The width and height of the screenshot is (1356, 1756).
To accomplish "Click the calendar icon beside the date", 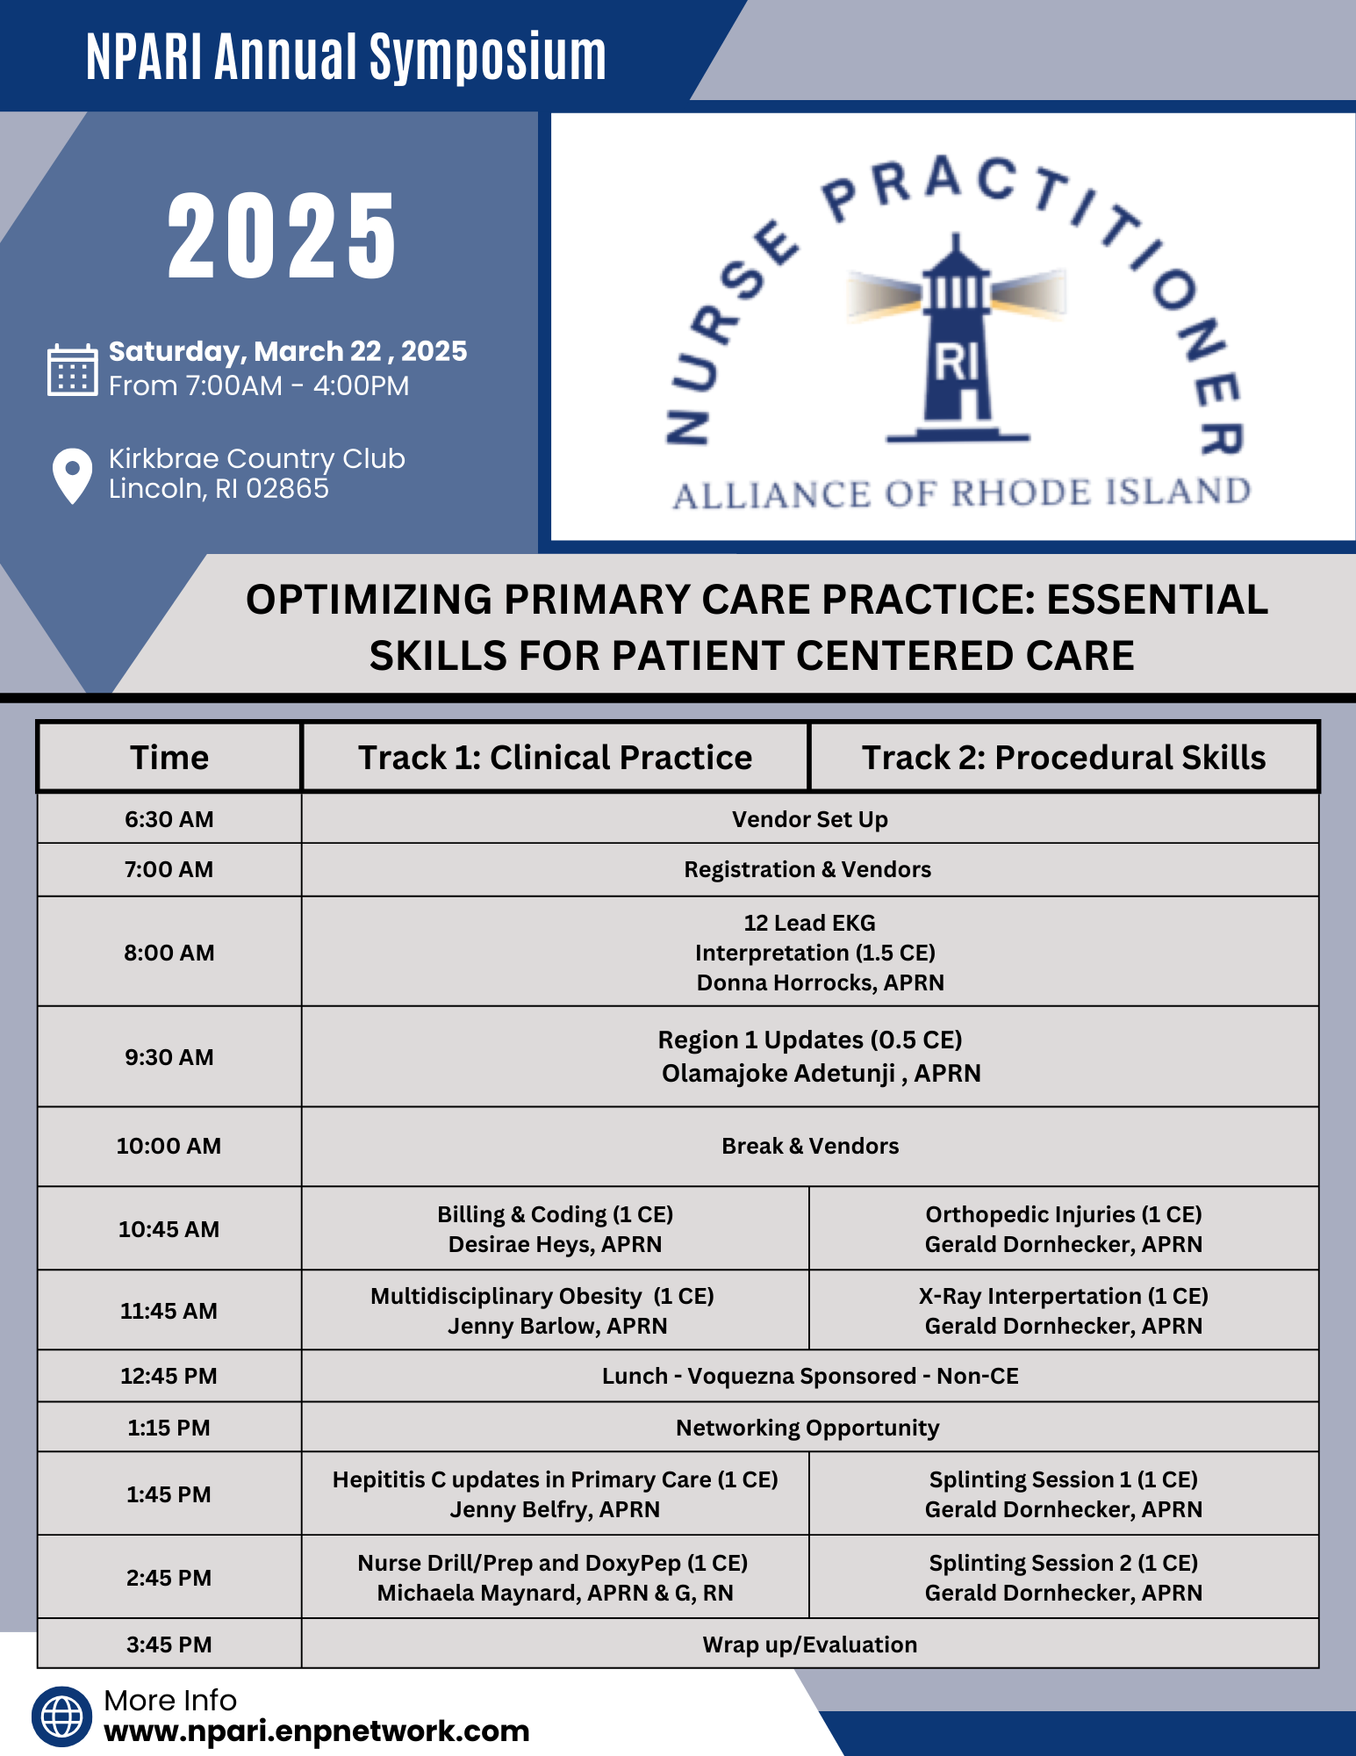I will (x=72, y=370).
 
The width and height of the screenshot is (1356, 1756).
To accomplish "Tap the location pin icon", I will (x=72, y=475).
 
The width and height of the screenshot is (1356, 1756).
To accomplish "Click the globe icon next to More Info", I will (x=62, y=1716).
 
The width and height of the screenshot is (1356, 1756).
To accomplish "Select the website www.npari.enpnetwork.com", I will (x=316, y=1731).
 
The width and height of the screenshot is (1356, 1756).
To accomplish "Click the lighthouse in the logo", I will (x=957, y=342).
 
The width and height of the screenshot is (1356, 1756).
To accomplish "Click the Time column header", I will (x=169, y=757).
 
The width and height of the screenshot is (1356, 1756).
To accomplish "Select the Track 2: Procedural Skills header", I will (x=1063, y=757).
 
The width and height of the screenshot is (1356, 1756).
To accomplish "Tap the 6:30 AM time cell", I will (x=169, y=819).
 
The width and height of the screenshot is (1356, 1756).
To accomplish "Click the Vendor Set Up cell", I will (x=809, y=819).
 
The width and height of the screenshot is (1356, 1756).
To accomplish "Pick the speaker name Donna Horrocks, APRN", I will (x=820, y=982).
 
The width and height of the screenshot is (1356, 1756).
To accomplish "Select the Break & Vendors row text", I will (x=809, y=1146).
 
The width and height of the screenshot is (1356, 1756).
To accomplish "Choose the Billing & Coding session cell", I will (x=555, y=1228).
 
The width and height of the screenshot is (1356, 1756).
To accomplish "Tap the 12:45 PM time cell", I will (x=169, y=1376).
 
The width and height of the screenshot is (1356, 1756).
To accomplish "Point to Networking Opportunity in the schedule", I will (x=807, y=1428).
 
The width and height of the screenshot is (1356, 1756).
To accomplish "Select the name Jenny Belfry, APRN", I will (x=555, y=1509).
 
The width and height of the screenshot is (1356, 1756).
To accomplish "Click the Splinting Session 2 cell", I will (x=1063, y=1577).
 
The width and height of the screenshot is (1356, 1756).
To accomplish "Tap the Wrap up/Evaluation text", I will (x=809, y=1644).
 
